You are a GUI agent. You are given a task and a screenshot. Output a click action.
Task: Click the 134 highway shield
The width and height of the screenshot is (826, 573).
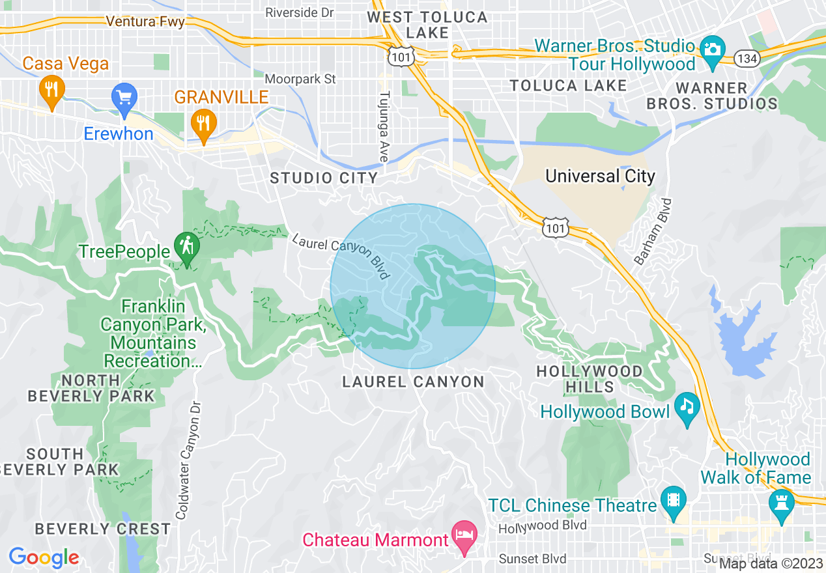pyautogui.click(x=745, y=59)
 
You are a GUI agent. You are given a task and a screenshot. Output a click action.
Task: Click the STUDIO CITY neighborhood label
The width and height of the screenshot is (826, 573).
pyautogui.click(x=324, y=178)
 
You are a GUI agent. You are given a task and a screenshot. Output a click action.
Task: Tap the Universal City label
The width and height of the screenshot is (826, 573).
pyautogui.click(x=600, y=176)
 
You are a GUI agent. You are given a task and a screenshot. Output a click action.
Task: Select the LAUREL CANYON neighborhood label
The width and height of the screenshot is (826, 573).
pyautogui.click(x=414, y=382)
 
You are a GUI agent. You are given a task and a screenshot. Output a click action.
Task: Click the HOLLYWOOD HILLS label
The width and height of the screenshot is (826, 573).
pyautogui.click(x=589, y=379)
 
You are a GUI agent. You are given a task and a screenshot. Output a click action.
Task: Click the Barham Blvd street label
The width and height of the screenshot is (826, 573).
pyautogui.click(x=654, y=232)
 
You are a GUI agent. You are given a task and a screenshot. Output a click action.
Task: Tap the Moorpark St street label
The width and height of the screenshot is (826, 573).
pyautogui.click(x=301, y=79)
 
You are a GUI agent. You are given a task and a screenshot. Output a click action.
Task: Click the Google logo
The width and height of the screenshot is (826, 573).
pyautogui.click(x=44, y=557)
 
